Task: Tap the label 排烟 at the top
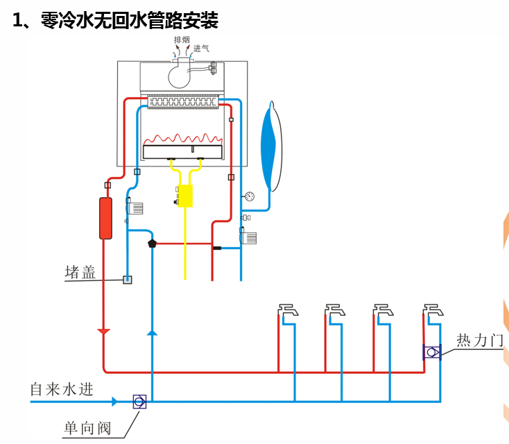181,41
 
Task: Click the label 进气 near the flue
201,49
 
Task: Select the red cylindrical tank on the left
105,219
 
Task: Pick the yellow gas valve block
185,196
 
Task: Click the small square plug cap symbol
127,280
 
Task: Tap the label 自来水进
61,389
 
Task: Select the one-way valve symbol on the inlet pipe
139,402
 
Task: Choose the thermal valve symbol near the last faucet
432,352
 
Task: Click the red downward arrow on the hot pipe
104,331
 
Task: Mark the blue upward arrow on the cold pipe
152,332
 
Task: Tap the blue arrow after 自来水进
113,402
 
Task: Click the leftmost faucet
288,309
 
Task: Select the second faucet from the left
335,309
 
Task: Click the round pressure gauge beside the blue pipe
250,196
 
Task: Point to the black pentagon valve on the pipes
153,244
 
